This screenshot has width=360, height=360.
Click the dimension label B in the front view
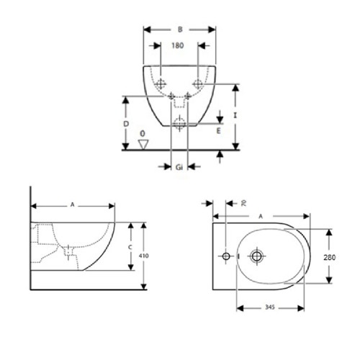click(x=179, y=31)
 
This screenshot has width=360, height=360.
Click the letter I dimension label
click(x=235, y=114)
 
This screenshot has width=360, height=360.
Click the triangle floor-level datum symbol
click(x=143, y=145)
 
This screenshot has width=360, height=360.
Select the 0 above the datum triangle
click(x=143, y=134)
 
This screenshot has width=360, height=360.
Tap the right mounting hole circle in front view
click(x=199, y=81)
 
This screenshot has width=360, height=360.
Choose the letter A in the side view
click(x=72, y=204)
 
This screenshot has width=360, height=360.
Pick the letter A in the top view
click(x=260, y=215)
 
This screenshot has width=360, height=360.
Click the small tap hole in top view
click(x=226, y=256)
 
